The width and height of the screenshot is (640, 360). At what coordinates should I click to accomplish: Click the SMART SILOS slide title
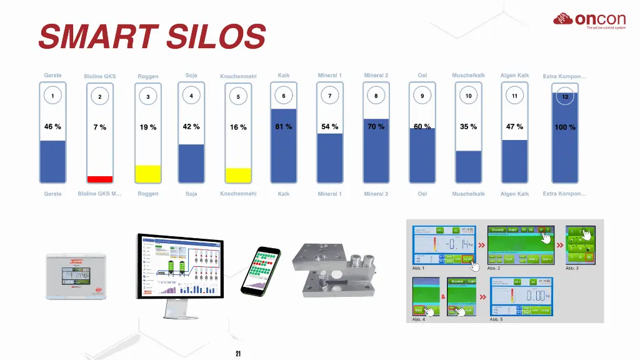click(152, 36)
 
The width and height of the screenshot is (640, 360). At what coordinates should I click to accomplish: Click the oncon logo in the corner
click(589, 21)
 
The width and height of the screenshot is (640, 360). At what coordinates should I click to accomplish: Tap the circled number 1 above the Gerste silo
click(53, 96)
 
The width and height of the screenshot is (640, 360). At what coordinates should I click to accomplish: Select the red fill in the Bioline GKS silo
click(100, 179)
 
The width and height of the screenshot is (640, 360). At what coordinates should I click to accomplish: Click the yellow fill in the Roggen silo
click(148, 173)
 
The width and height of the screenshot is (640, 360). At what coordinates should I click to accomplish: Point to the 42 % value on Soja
click(191, 127)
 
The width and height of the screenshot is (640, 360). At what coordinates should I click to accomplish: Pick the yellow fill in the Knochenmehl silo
click(238, 175)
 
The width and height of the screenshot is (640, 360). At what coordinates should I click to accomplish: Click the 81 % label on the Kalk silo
click(284, 127)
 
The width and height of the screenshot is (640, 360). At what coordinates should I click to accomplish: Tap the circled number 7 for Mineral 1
click(330, 96)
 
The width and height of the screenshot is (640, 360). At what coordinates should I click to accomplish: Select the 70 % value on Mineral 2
click(376, 127)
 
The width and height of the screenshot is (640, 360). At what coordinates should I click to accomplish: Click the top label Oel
click(422, 76)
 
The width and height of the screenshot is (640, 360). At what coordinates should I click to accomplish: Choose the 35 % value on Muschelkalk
click(469, 127)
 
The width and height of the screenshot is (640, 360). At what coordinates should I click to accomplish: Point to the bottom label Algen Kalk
click(514, 194)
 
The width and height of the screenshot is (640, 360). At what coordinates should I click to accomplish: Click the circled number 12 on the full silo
click(565, 97)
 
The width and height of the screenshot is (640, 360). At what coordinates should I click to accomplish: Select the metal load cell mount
click(337, 269)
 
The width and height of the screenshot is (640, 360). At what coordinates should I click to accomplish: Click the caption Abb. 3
click(572, 268)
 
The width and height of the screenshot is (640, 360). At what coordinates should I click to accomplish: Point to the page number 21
click(238, 354)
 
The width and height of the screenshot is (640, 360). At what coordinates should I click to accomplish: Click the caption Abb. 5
click(496, 319)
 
